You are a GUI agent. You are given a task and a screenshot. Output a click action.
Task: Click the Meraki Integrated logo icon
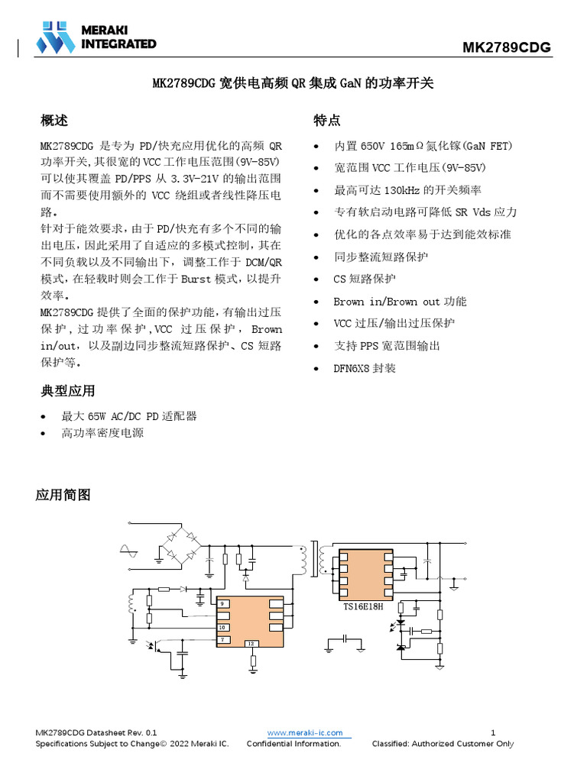pyautogui.click(x=56, y=37)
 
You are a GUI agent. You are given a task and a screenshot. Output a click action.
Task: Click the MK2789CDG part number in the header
pyautogui.click(x=506, y=49)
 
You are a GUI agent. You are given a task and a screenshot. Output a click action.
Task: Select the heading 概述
pyautogui.click(x=54, y=121)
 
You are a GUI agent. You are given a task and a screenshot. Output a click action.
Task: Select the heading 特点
pyautogui.click(x=326, y=121)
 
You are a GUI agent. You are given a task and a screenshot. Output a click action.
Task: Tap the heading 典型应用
pyautogui.click(x=67, y=391)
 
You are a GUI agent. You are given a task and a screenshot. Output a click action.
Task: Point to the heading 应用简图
pyautogui.click(x=63, y=495)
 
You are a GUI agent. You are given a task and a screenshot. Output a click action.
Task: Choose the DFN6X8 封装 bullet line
pyautogui.click(x=365, y=368)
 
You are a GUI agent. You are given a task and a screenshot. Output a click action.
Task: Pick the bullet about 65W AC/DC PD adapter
pyautogui.click(x=129, y=416)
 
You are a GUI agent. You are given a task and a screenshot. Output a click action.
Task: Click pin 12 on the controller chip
pyautogui.click(x=251, y=644)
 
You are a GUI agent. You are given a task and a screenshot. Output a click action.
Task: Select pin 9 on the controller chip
pyautogui.click(x=222, y=604)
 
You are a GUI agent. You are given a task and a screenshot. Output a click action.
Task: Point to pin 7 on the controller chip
pyautogui.click(x=222, y=638)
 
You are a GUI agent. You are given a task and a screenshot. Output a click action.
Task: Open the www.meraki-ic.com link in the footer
pyautogui.click(x=305, y=733)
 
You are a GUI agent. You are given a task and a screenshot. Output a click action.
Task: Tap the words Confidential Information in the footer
pyautogui.click(x=293, y=744)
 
